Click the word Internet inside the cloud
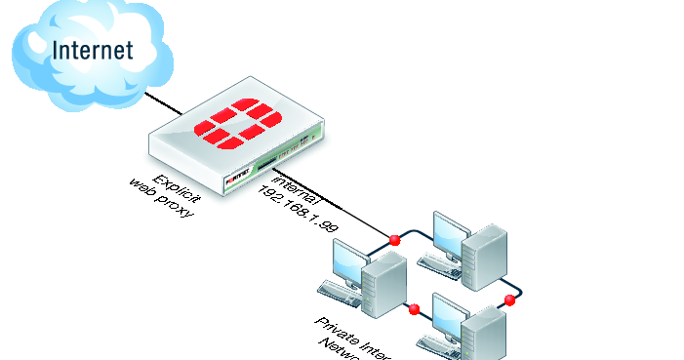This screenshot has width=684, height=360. (x=93, y=49)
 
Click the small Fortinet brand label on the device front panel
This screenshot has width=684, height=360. (x=238, y=182)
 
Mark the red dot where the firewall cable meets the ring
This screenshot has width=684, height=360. (x=394, y=239)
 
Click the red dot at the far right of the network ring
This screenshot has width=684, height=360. (x=509, y=299)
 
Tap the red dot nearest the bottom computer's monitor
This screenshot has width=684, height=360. (x=414, y=310)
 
